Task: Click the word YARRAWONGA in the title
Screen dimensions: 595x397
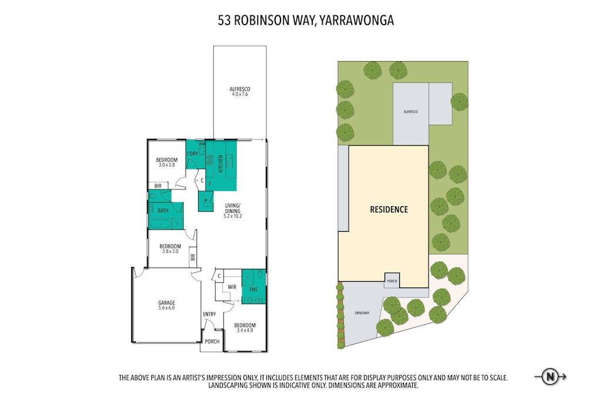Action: [x=356, y=20]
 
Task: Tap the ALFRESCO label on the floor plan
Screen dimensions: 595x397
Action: [x=240, y=89]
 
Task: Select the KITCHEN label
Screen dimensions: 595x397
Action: [x=220, y=164]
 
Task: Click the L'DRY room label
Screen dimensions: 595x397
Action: [x=192, y=154]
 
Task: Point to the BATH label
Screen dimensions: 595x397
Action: [x=163, y=211]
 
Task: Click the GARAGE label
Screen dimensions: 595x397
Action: [x=166, y=302]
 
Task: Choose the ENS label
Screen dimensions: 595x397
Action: [x=253, y=289]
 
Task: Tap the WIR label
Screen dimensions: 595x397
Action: [x=232, y=288]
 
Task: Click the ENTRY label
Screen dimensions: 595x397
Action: [x=209, y=314]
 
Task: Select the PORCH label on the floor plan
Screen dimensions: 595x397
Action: [x=212, y=342]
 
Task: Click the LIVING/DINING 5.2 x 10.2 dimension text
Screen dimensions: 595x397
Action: [x=233, y=216]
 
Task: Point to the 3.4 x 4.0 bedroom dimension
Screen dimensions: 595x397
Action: [x=245, y=330]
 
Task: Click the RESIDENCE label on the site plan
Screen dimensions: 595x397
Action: [x=389, y=209]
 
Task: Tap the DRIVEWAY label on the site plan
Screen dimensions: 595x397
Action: [x=362, y=313]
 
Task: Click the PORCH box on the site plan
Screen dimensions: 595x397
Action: [x=392, y=281]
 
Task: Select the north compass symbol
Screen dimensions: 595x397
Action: [x=550, y=377]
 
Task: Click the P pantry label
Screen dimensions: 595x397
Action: [x=206, y=201]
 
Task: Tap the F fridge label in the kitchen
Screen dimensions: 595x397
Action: [x=209, y=184]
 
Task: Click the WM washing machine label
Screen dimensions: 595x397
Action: [x=202, y=144]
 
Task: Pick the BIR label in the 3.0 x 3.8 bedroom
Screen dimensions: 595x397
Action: [x=158, y=186]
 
